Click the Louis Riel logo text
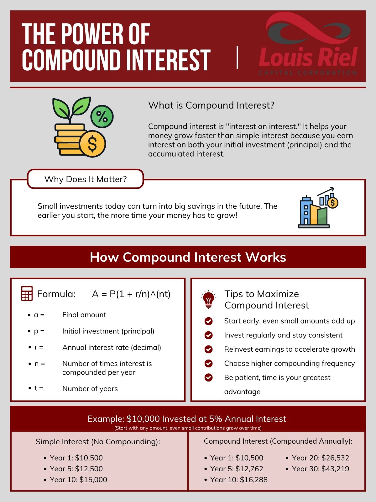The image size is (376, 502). [308, 57]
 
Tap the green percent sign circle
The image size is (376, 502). [102, 116]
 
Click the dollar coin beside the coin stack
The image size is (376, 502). [92, 144]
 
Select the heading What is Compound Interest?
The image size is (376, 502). [211, 105]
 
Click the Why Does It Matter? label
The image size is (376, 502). [85, 179]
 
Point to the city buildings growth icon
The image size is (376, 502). [318, 208]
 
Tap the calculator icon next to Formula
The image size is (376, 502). [27, 293]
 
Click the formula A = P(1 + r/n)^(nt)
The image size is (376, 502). [131, 294]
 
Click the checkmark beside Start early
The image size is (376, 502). [208, 321]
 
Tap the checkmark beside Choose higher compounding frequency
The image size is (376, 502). [208, 363]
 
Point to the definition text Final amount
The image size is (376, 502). [84, 315]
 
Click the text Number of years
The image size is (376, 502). [90, 388]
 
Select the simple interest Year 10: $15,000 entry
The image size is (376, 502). [78, 480]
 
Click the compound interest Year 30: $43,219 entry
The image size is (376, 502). [320, 469]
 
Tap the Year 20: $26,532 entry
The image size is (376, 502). [320, 458]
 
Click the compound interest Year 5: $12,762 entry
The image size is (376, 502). [237, 469]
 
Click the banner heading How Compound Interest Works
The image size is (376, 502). [188, 257]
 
